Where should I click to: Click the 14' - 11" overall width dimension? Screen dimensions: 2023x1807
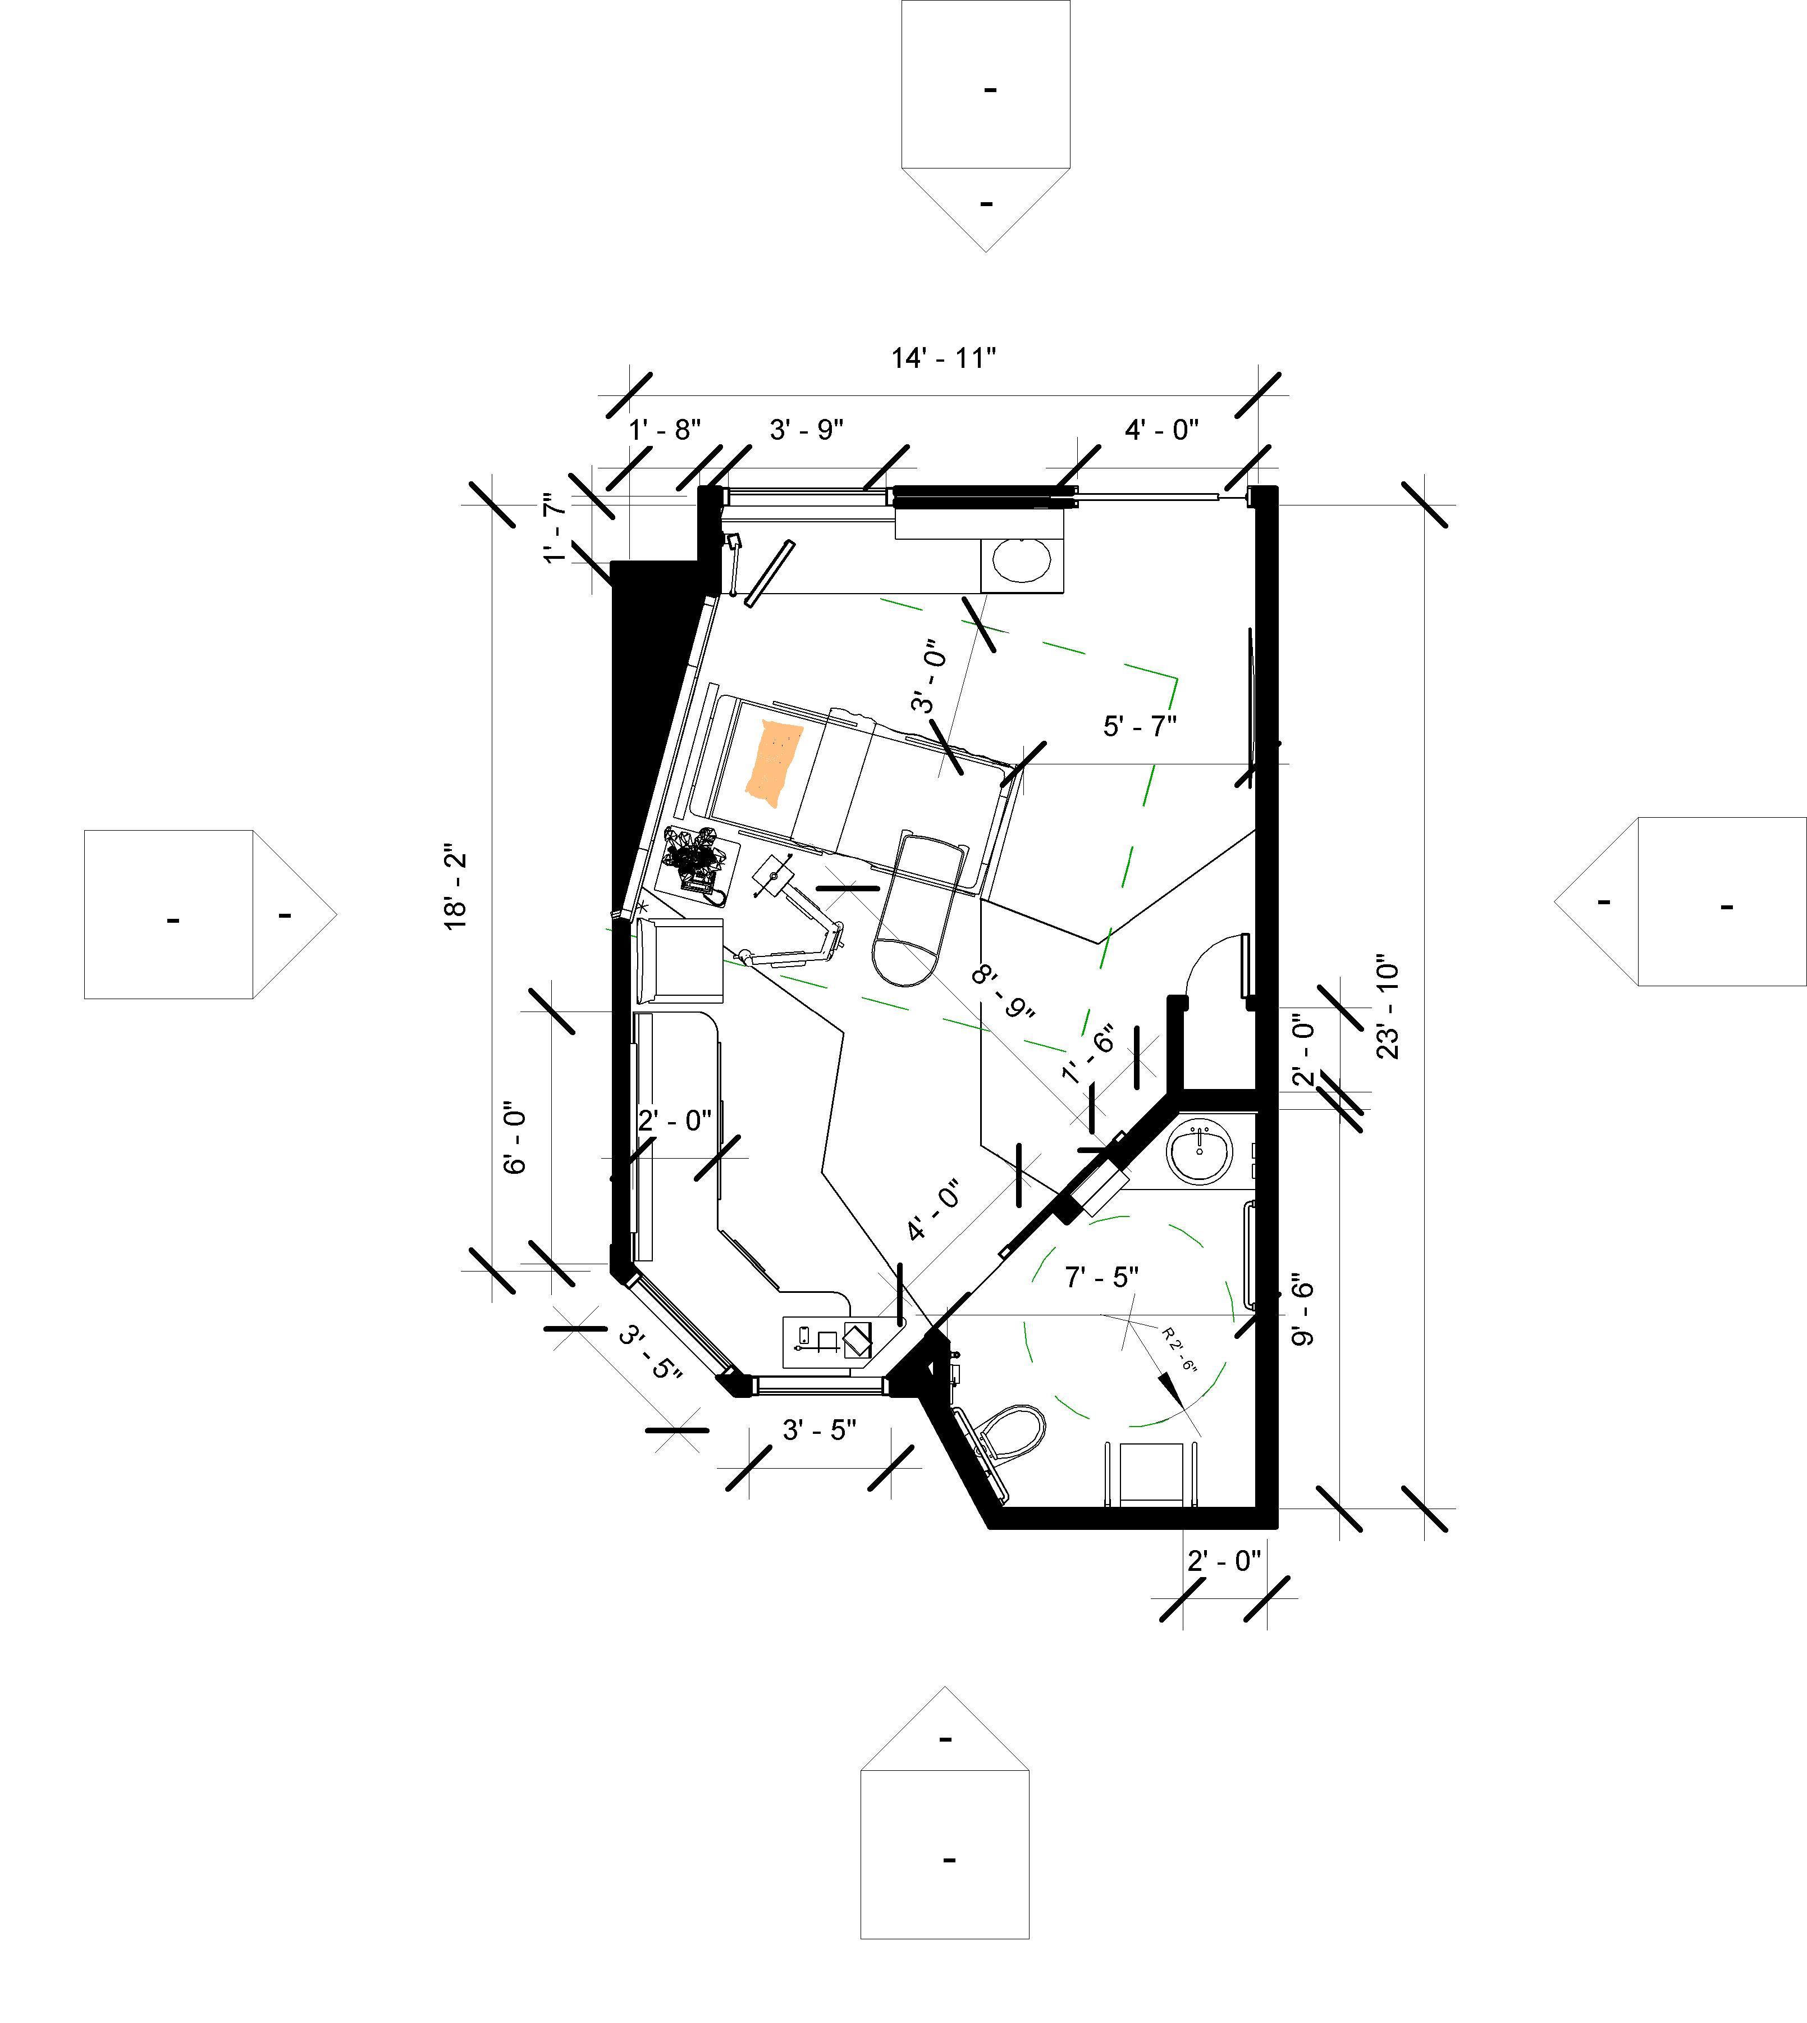coord(943,358)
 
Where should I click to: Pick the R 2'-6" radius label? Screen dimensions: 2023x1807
coord(1179,1348)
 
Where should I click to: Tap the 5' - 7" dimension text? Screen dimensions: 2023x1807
coord(1140,726)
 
